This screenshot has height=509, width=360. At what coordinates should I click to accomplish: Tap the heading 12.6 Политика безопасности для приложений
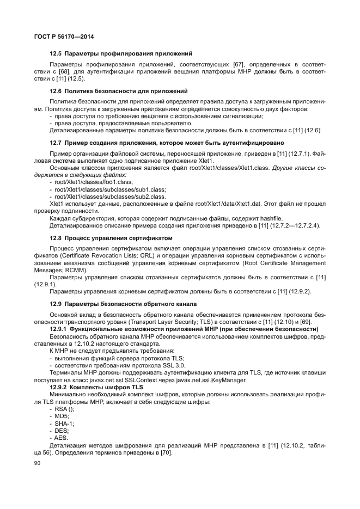tap(119, 90)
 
